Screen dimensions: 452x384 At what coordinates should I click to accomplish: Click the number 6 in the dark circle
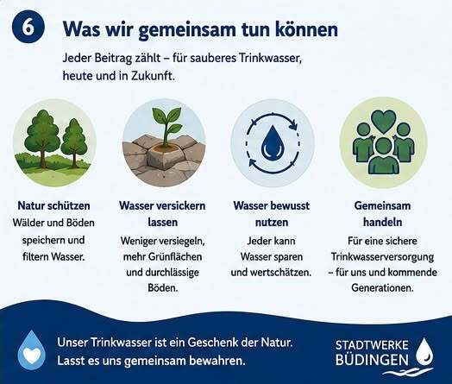coord(28,28)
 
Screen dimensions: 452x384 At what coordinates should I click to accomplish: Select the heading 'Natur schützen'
coord(53,206)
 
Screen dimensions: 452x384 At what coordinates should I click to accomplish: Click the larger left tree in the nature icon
coord(42,138)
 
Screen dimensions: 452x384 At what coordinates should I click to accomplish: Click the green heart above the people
coord(384,122)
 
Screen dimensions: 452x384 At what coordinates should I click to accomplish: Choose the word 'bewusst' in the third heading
coord(291,206)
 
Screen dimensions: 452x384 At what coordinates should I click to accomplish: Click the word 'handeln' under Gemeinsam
coord(382,223)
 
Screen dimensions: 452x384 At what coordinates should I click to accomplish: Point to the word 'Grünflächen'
coord(175,256)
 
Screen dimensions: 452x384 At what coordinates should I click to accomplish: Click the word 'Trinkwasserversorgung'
coord(382,256)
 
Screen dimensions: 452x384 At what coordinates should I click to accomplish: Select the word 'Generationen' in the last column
coord(382,287)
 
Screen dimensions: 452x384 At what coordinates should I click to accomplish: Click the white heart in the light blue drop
coord(32,356)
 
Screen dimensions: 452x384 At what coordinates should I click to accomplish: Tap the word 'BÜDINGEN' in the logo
coord(372,360)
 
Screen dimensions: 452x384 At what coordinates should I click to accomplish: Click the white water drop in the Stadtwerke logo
coord(425,351)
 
